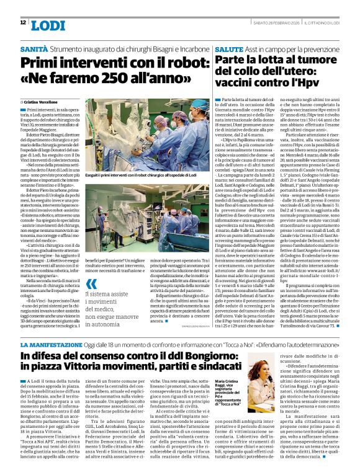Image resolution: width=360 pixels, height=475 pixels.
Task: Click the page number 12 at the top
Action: pyautogui.click(x=23, y=22)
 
